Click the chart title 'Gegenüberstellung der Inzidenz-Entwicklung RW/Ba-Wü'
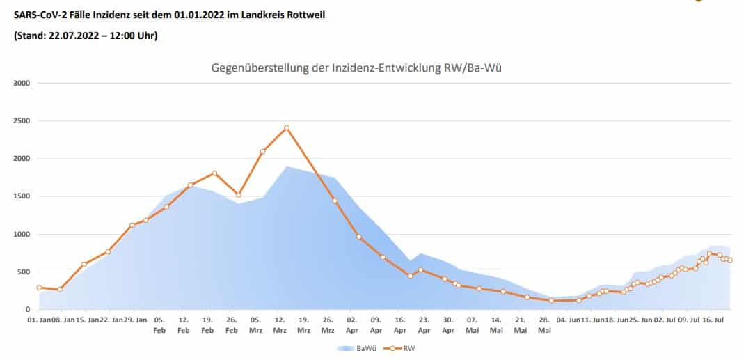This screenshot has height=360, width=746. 362,68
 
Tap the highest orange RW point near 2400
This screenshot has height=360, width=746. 286,128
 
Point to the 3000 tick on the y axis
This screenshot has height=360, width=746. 21,83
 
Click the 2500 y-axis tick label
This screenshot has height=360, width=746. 21,121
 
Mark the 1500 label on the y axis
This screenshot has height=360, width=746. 21,196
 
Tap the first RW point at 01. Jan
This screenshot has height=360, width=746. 40,288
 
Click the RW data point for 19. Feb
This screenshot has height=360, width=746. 214,173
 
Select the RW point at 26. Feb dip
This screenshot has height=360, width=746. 239,195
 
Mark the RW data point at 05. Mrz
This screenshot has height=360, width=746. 262,151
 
